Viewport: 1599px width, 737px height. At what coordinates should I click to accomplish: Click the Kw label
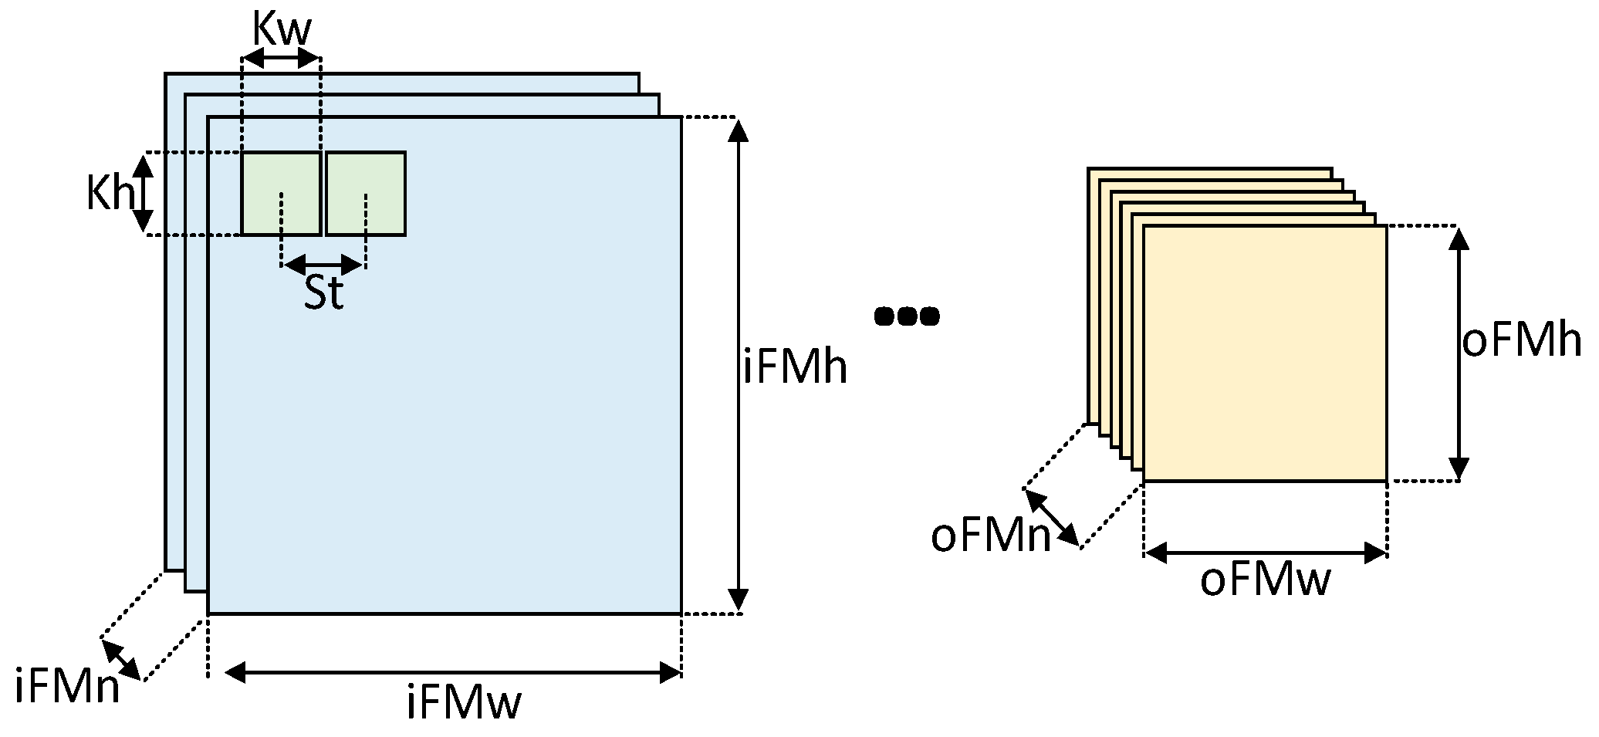tap(282, 31)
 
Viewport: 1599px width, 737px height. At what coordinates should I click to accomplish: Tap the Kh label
tap(109, 193)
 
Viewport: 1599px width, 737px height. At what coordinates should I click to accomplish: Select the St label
tap(323, 293)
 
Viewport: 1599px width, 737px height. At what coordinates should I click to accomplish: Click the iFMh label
tap(795, 368)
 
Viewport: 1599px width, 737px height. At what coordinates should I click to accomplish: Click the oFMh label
tap(1521, 341)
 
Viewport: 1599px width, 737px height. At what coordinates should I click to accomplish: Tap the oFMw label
tap(1265, 580)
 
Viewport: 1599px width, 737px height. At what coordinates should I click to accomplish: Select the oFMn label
tap(991, 536)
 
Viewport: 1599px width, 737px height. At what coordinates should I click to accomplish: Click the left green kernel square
tap(281, 193)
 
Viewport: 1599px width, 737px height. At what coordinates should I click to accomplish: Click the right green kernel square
tap(366, 193)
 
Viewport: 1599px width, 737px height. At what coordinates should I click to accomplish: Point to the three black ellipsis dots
tap(907, 316)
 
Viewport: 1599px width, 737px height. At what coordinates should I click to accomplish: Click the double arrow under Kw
tap(281, 58)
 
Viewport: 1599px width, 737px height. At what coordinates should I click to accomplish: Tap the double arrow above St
tap(323, 265)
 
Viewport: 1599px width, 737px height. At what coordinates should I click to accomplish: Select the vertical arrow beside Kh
tap(143, 193)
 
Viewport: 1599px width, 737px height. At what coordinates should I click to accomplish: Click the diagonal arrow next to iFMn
tap(121, 660)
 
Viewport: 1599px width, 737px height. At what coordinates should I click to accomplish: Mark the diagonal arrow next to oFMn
tap(1052, 518)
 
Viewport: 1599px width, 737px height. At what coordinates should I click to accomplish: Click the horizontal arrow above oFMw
tap(1266, 553)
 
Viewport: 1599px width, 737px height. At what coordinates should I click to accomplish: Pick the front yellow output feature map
tap(1265, 353)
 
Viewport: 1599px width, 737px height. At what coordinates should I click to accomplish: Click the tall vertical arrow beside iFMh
tap(739, 365)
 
